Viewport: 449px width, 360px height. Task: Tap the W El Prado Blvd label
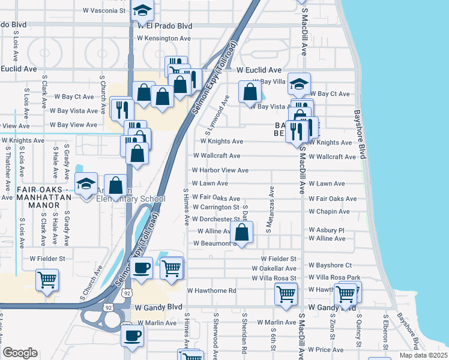[164, 26]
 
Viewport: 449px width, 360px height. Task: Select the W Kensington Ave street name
[163, 38]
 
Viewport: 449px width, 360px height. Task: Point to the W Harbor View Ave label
[220, 170]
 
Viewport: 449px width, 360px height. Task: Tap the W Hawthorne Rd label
[212, 290]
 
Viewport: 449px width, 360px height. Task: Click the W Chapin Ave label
[329, 211]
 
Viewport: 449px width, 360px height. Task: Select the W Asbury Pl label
[327, 230]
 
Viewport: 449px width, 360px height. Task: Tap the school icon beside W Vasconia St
[142, 11]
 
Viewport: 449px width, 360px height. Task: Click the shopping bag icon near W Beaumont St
[241, 233]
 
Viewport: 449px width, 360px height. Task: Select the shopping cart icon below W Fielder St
[47, 279]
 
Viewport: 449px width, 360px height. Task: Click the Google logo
[20, 353]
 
